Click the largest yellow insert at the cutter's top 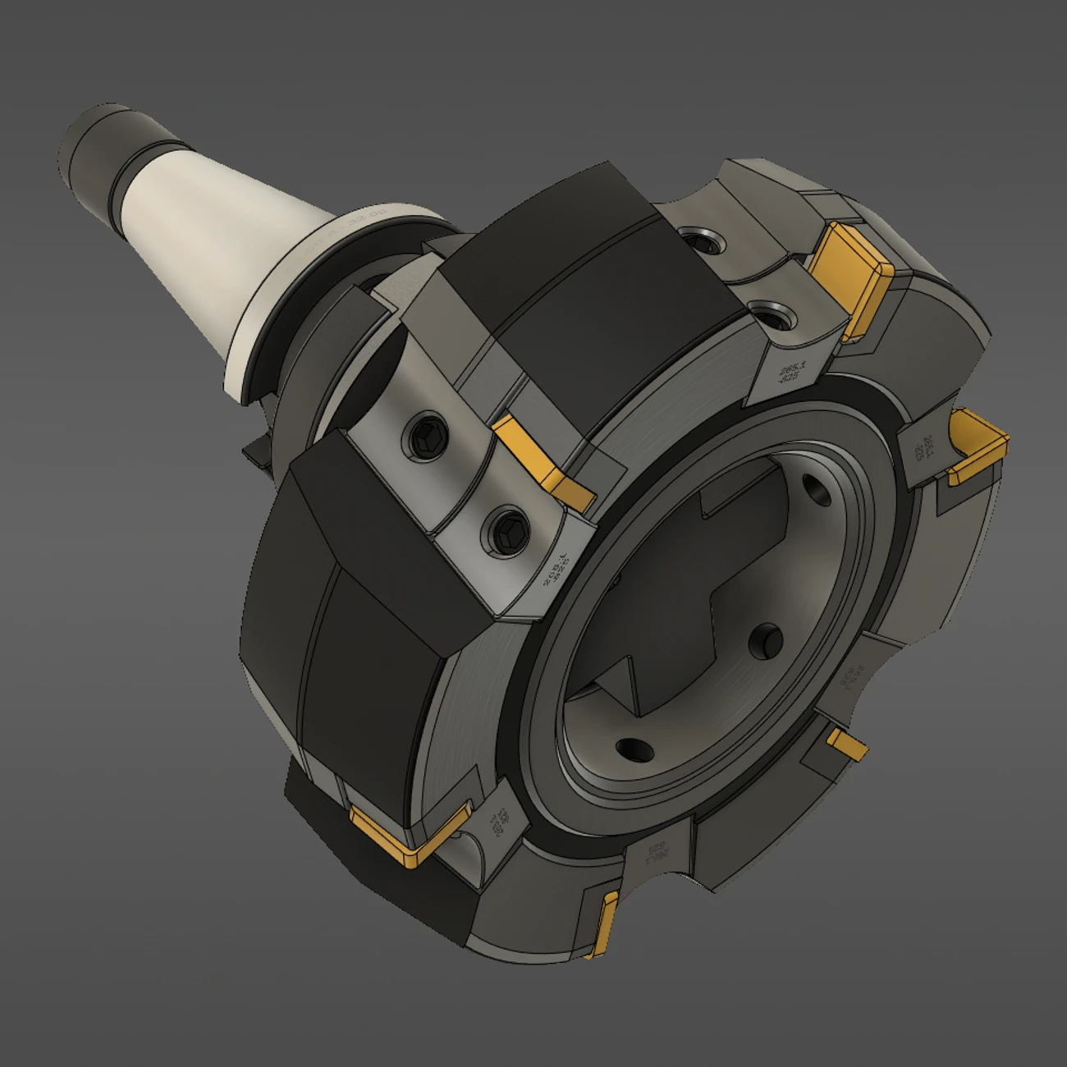(850, 271)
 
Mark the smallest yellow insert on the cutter (847, 744)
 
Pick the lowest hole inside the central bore (630, 748)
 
